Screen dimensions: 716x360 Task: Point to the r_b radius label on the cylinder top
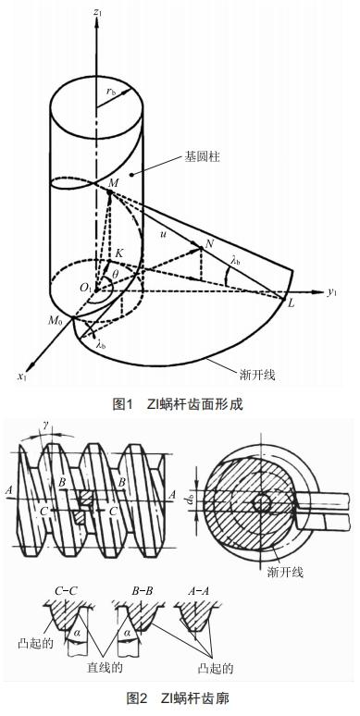(110, 92)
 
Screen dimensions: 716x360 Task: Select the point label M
(112, 183)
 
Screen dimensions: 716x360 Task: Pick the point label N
(212, 243)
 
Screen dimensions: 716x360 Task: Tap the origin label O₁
(86, 289)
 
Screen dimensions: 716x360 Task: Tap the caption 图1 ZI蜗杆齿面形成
(181, 403)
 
